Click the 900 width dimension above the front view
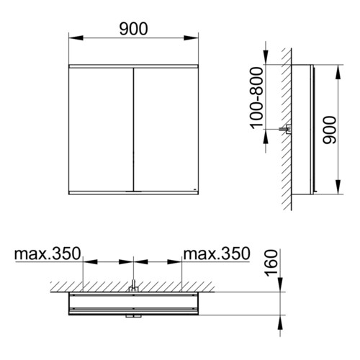(x=133, y=29)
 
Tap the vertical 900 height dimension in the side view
(x=330, y=130)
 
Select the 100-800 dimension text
(x=256, y=98)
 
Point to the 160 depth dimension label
(x=271, y=263)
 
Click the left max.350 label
(x=48, y=253)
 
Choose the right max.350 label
(x=217, y=253)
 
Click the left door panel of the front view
(x=101, y=130)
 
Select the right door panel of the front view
(x=166, y=130)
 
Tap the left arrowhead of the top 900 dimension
(x=76, y=37)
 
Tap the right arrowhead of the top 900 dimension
(x=191, y=37)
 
